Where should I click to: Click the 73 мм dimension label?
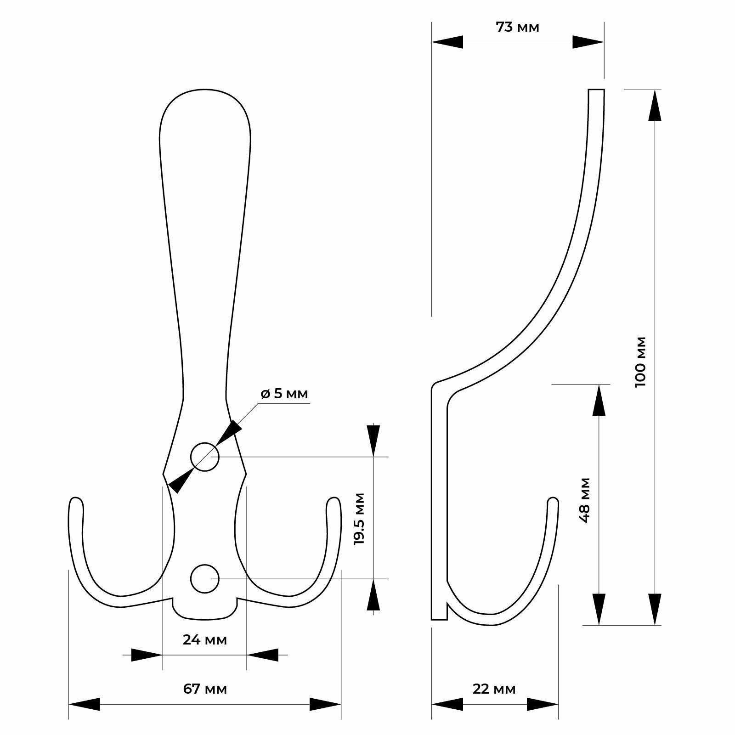coord(517,28)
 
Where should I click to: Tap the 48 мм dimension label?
coord(585,500)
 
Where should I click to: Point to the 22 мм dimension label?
coord(494,701)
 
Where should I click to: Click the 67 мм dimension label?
coord(205,701)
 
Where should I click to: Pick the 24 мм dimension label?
coord(205,639)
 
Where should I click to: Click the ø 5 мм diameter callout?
coord(284,394)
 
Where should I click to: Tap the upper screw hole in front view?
coord(204,457)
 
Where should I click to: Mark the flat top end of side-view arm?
coord(596,90)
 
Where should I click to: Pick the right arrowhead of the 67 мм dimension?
coord(325,717)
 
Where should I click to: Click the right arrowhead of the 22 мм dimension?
coord(543,717)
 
